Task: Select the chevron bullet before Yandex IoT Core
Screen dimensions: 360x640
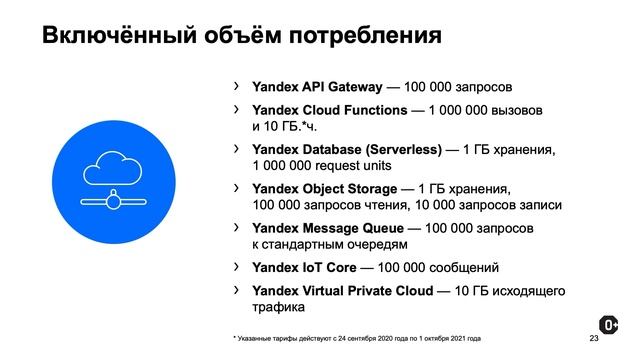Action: (x=236, y=267)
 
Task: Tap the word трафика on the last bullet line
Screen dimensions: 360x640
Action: (x=279, y=308)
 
